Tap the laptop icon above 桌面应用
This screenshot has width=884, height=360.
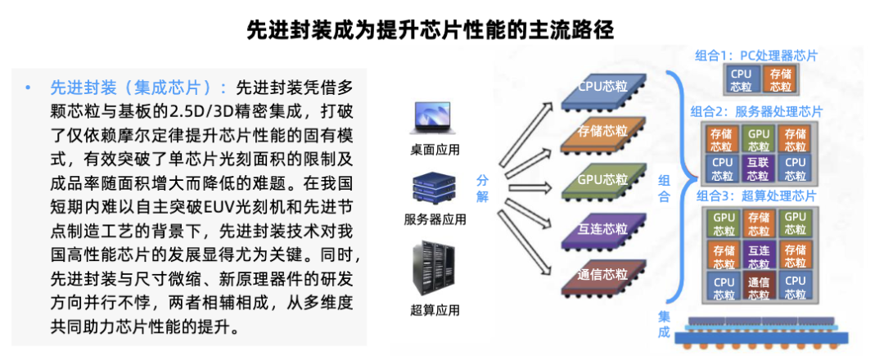(435, 119)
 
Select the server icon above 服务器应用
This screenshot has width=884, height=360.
(435, 189)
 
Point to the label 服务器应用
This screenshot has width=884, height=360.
(435, 219)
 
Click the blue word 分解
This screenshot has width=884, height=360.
(483, 188)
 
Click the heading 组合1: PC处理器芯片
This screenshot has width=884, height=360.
(755, 56)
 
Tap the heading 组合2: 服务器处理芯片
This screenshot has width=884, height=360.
(755, 111)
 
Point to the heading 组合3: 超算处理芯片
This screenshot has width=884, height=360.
(755, 196)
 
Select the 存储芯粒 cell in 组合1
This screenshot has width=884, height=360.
(780, 80)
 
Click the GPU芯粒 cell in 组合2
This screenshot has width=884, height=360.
(759, 139)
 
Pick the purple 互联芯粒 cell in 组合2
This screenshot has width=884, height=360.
(759, 169)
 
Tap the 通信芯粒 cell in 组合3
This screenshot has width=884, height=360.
(759, 287)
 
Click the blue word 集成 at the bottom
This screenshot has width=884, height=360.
(664, 325)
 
